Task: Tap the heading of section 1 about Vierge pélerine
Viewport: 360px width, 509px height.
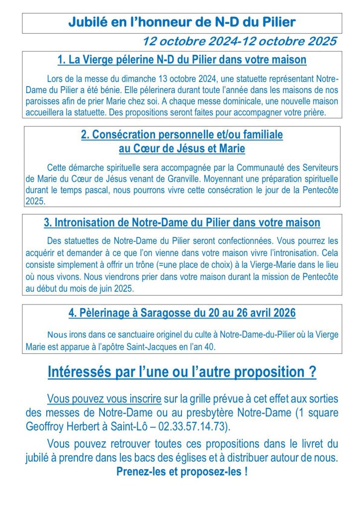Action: (x=182, y=60)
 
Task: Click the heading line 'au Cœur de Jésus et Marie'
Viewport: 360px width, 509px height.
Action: (x=182, y=148)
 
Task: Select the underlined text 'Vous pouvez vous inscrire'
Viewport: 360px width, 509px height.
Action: (x=104, y=399)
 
